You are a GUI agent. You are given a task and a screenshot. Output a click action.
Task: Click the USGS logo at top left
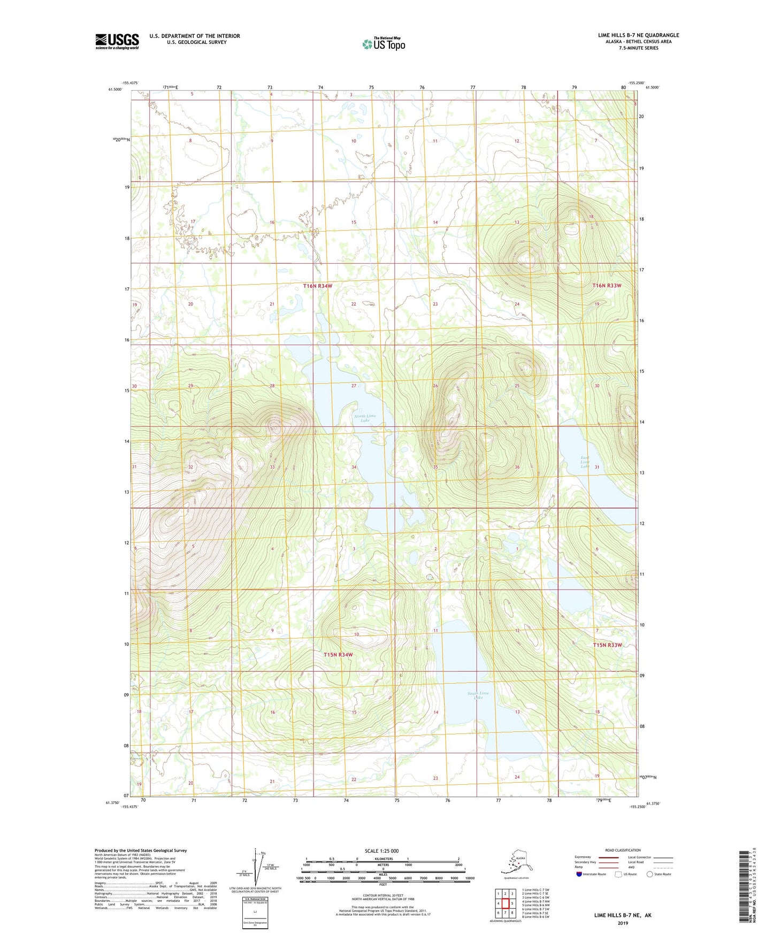[x=117, y=41]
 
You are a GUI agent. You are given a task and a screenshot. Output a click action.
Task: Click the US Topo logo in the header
[x=383, y=44]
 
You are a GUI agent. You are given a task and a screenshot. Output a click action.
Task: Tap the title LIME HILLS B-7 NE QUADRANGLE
[x=638, y=35]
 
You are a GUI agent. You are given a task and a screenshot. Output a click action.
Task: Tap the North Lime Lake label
[x=365, y=418]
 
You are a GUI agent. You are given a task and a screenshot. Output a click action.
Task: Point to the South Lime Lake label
[x=478, y=695]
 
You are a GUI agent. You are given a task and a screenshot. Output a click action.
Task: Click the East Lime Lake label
[x=585, y=462]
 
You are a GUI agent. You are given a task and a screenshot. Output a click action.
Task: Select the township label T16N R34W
[x=318, y=286]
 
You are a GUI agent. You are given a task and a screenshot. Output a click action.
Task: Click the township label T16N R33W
[x=607, y=286]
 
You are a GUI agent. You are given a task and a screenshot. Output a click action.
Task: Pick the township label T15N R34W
[x=338, y=655]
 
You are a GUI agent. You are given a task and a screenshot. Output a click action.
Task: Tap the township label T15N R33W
[x=607, y=645]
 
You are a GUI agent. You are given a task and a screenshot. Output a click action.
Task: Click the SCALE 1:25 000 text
[x=381, y=851]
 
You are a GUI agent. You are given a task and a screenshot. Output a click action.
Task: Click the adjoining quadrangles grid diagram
[x=505, y=904]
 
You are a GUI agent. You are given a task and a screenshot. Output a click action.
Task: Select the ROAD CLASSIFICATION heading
[x=623, y=850]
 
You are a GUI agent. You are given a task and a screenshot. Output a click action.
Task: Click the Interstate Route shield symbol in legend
[x=579, y=874]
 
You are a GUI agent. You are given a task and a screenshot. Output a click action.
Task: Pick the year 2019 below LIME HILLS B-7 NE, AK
[x=623, y=923]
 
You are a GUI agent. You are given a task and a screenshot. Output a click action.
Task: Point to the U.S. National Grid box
[x=255, y=912]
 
